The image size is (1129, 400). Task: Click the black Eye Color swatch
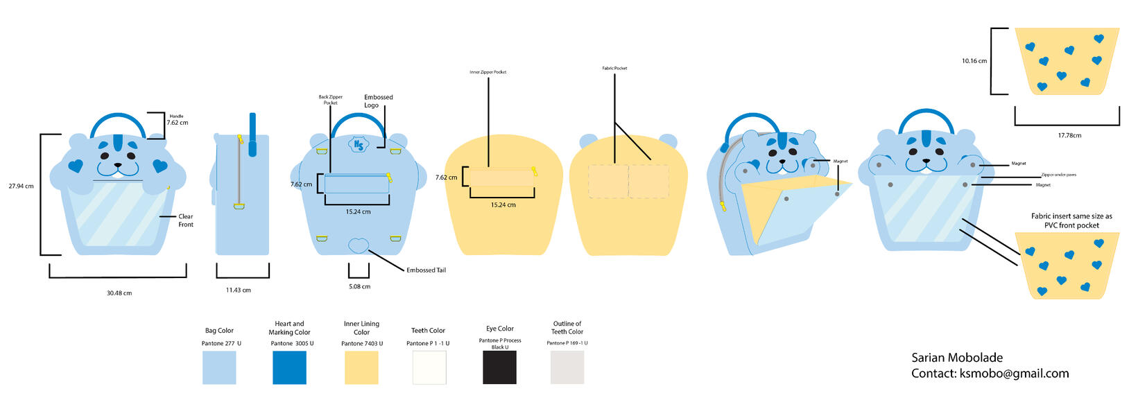499,367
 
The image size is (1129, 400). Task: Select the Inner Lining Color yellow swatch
361,367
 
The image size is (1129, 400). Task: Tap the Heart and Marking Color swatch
289,367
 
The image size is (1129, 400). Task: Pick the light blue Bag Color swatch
219,367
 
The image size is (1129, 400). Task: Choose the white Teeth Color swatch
429,367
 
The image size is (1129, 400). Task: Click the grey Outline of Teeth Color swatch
567,367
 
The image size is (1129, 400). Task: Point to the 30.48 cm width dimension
119,293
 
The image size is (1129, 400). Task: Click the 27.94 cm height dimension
21,186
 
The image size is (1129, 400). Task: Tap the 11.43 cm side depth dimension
238,290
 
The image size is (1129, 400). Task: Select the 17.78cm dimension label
1069,136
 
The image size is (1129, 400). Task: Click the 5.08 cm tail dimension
359,286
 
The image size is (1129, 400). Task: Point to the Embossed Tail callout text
426,270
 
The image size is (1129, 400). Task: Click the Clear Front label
186,220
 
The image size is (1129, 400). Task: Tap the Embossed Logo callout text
378,101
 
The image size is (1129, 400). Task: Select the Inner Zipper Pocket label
488,72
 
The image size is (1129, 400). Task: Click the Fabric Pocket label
614,68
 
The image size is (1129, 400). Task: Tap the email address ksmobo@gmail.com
1013,374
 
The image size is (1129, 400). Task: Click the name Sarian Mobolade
957,358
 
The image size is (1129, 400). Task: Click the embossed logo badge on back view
359,144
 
